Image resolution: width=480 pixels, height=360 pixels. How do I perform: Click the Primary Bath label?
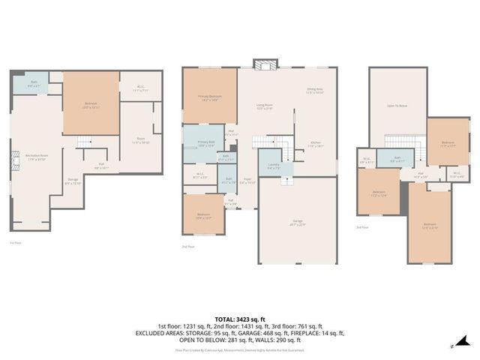(x=206, y=143)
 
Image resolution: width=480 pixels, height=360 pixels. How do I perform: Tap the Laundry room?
(x=274, y=167)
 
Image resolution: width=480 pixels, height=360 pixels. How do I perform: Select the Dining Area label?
(x=314, y=91)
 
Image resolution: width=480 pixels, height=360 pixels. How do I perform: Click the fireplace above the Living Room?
(x=264, y=64)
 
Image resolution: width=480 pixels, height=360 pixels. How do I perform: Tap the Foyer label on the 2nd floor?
(x=246, y=181)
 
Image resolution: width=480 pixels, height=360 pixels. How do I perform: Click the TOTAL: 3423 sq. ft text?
(x=239, y=319)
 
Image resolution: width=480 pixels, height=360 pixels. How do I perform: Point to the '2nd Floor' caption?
(x=188, y=246)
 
